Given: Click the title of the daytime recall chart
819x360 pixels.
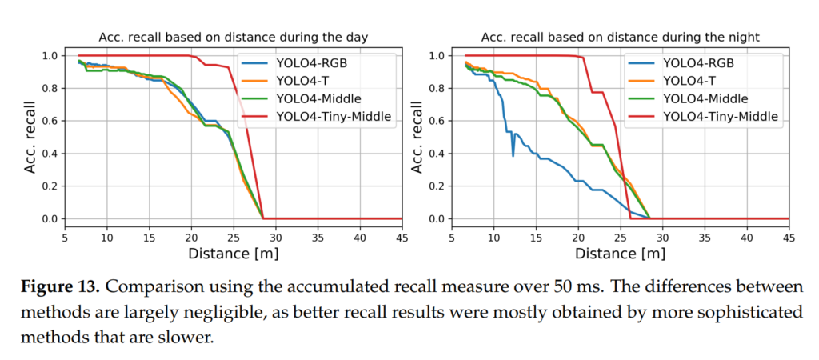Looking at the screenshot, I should [233, 37].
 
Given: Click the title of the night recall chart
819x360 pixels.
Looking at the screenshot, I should [621, 37].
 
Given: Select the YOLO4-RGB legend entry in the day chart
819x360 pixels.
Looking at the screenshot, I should [313, 63].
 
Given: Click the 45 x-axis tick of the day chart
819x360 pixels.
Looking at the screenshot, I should [402, 238].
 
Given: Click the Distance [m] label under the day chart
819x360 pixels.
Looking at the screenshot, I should [232, 254].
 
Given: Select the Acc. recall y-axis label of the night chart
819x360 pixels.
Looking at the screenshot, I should [417, 136].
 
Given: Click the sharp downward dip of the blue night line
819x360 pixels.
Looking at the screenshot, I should [513, 154].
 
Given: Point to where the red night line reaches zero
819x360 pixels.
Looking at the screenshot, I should [631, 218].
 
